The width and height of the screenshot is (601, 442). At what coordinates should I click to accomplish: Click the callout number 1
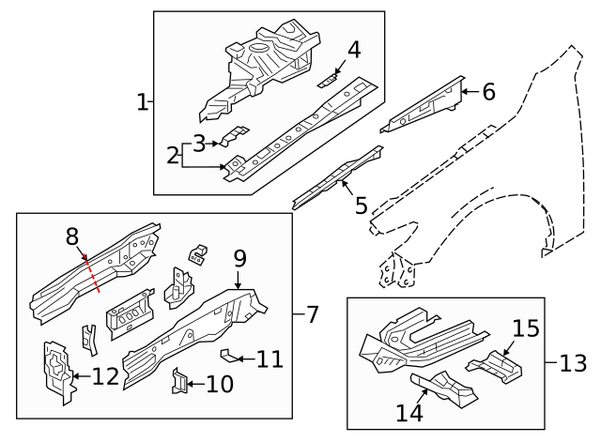tap(142, 101)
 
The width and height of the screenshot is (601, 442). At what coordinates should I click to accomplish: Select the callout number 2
tap(173, 155)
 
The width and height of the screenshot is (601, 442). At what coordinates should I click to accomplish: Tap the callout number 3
tap(198, 144)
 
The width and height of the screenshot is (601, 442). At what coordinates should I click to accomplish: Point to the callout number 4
tap(354, 50)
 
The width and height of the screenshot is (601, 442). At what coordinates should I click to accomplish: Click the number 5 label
tap(361, 205)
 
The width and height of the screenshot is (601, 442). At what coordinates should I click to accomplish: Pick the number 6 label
tap(487, 92)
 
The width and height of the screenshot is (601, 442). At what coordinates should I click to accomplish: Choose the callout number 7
tap(313, 314)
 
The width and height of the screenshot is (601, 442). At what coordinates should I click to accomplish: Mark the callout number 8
tap(71, 237)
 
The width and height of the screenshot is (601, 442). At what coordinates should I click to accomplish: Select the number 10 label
tap(220, 384)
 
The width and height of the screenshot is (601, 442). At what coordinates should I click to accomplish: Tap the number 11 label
tap(270, 358)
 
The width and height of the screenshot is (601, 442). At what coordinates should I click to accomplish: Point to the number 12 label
tap(105, 377)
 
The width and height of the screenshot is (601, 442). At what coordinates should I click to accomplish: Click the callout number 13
tap(572, 362)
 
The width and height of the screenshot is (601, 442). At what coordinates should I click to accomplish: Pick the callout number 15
tap(526, 329)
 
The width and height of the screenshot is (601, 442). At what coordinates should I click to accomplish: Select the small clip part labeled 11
tap(228, 355)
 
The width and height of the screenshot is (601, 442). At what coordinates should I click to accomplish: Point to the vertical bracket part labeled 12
tap(58, 371)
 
